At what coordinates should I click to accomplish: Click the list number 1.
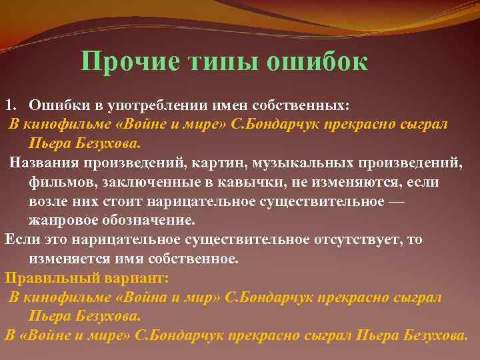(9, 105)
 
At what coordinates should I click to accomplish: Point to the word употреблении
(149, 105)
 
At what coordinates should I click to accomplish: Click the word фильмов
(57, 182)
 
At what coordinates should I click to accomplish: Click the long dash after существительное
(395, 201)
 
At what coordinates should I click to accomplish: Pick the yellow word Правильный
(42, 278)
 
